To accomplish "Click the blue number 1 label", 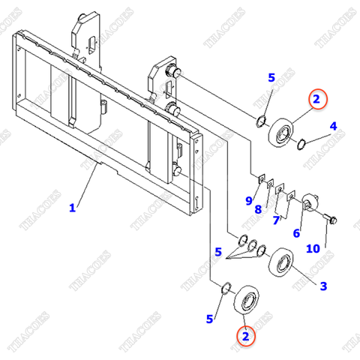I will pyautogui.click(x=72, y=208).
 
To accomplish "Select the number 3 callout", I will pyautogui.click(x=322, y=286).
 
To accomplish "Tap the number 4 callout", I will pyautogui.click(x=332, y=126).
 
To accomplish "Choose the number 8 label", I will pyautogui.click(x=256, y=209).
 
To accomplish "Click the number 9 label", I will pyautogui.click(x=248, y=200).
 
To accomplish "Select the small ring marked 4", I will pyautogui.click(x=298, y=143).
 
